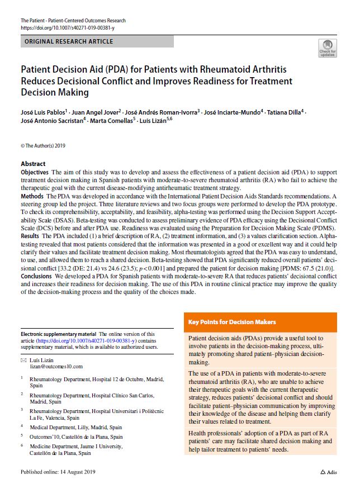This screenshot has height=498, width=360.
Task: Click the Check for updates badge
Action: click(x=327, y=48)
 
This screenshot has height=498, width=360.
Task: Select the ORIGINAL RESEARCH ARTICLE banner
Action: click(x=69, y=41)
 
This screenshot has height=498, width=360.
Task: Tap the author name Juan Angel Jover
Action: click(x=89, y=112)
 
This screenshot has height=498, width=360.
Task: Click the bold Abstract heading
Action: click(x=33, y=164)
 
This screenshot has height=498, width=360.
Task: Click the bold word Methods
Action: click(x=32, y=197)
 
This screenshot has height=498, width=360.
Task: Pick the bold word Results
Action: click(x=31, y=237)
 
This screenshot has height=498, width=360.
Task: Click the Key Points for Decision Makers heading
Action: click(x=232, y=322)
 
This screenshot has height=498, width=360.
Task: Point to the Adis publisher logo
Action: click(x=329, y=472)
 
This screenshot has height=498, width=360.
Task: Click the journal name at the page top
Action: click(x=73, y=21)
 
